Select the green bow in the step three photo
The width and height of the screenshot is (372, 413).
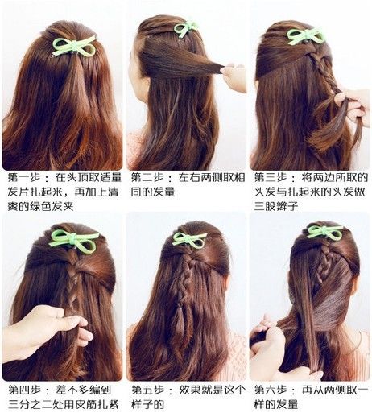(304, 36)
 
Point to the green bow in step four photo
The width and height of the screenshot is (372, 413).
(72, 240)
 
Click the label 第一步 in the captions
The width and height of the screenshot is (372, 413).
(24, 177)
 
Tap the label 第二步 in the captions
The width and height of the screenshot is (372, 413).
(147, 177)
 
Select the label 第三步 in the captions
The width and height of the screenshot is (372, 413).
(271, 177)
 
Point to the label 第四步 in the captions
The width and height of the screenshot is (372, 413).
(25, 390)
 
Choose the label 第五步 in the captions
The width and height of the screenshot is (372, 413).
(148, 390)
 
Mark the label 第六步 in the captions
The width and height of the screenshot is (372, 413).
(271, 390)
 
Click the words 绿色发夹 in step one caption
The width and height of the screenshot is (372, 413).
(52, 206)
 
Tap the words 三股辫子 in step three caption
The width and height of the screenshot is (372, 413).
(276, 206)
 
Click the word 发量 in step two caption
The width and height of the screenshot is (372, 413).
(164, 192)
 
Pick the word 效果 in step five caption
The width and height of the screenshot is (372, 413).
(190, 390)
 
